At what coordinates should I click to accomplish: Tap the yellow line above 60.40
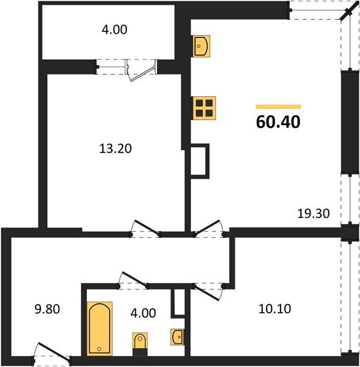pos(278,106)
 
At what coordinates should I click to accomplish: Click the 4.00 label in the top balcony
pos(115,28)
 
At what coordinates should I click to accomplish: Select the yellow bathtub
pos(100,328)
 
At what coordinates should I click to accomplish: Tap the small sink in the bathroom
pos(177,336)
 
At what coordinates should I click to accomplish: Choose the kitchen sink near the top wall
pos(201,45)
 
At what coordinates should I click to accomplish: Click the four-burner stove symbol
pos(204,108)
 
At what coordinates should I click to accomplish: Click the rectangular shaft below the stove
pos(200,160)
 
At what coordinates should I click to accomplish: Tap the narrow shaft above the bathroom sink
pos(178,302)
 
